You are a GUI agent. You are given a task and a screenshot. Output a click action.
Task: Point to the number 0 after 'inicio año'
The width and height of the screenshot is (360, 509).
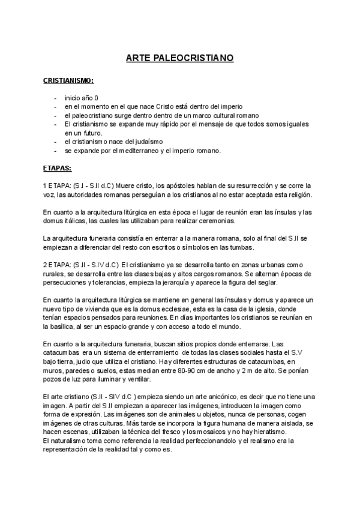coord(97,98)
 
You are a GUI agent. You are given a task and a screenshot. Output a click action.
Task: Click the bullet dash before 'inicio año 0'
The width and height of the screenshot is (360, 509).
coord(55,98)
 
